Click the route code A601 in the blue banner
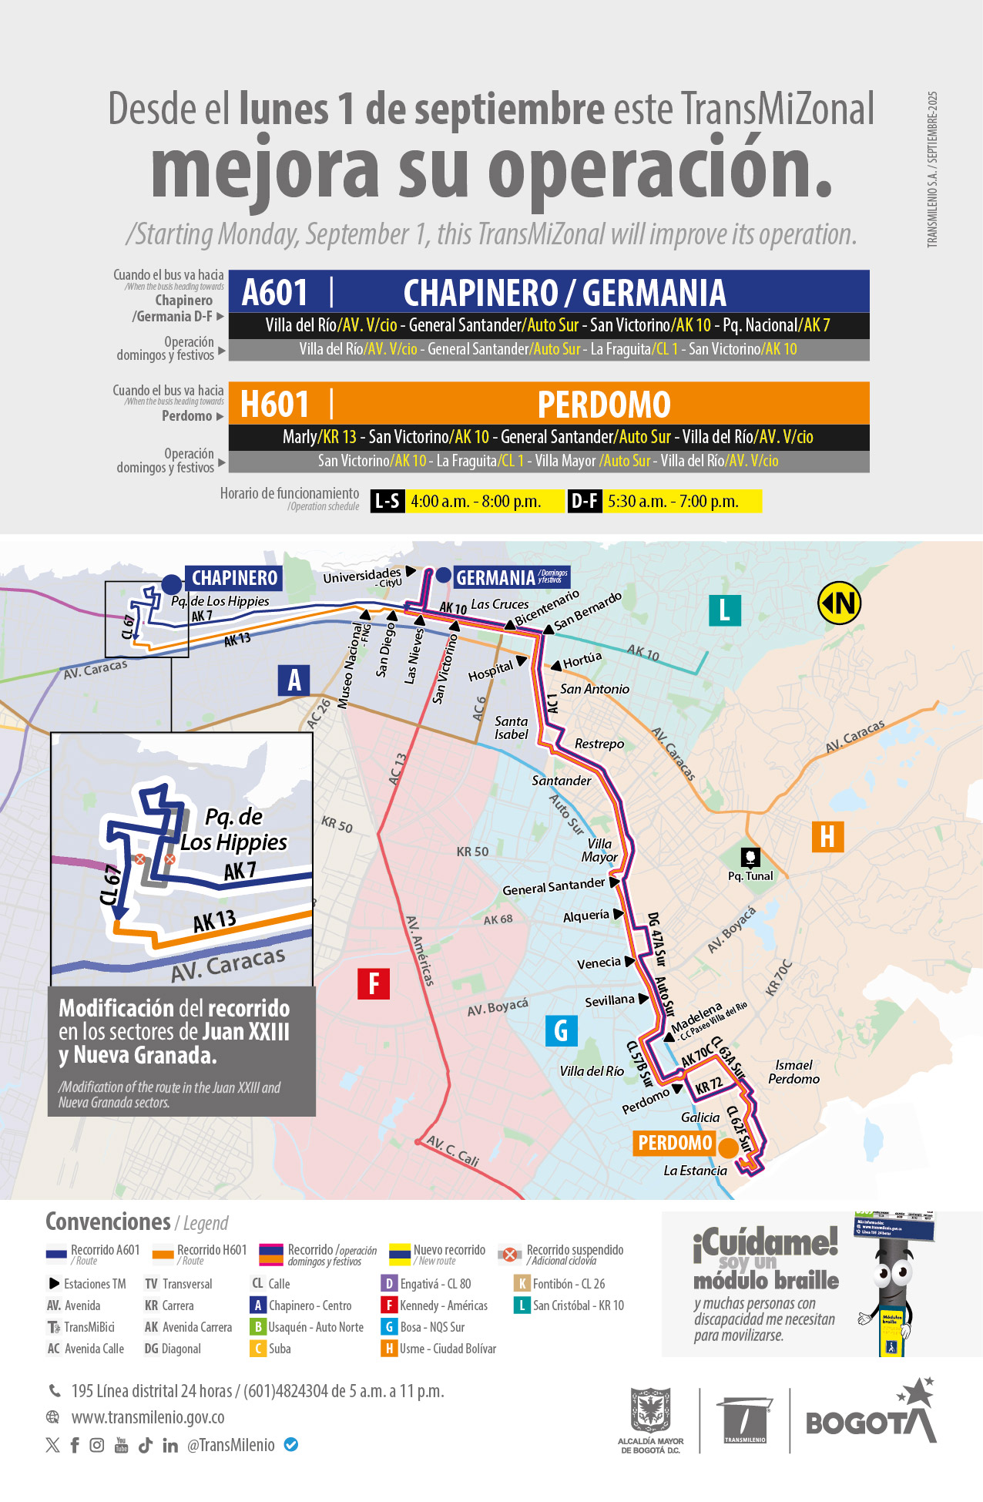(275, 293)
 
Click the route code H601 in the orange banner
(274, 405)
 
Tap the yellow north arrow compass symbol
(839, 603)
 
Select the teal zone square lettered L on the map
(724, 610)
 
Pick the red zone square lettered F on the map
(374, 983)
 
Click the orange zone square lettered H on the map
(827, 836)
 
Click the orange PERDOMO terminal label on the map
(675, 1143)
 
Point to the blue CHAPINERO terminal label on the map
(234, 578)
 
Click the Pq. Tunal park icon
(750, 857)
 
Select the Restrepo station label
(599, 744)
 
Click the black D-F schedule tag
(585, 502)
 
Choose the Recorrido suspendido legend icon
(509, 1255)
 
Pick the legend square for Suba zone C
(258, 1349)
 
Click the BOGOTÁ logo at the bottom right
(871, 1418)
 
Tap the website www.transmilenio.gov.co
(148, 1417)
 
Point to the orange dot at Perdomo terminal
(728, 1148)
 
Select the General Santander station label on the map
(553, 888)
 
